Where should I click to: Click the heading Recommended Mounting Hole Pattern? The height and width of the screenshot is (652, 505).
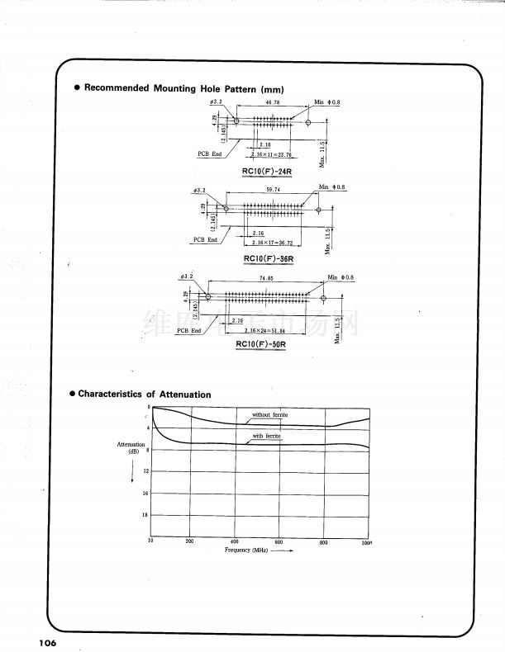[x=184, y=88]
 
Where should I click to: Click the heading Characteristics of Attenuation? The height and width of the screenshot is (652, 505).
[x=145, y=395]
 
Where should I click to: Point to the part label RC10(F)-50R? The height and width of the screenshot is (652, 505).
[x=260, y=344]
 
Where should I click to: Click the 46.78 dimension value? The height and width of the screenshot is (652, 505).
[x=273, y=103]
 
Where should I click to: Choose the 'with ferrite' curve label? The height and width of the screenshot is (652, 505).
[x=267, y=436]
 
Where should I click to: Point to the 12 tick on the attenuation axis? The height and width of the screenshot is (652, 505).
[x=146, y=470]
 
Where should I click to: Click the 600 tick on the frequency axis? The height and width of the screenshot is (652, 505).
[x=279, y=542]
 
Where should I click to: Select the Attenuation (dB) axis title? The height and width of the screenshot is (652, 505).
[x=132, y=448]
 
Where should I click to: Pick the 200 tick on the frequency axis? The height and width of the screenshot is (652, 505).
[x=189, y=542]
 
